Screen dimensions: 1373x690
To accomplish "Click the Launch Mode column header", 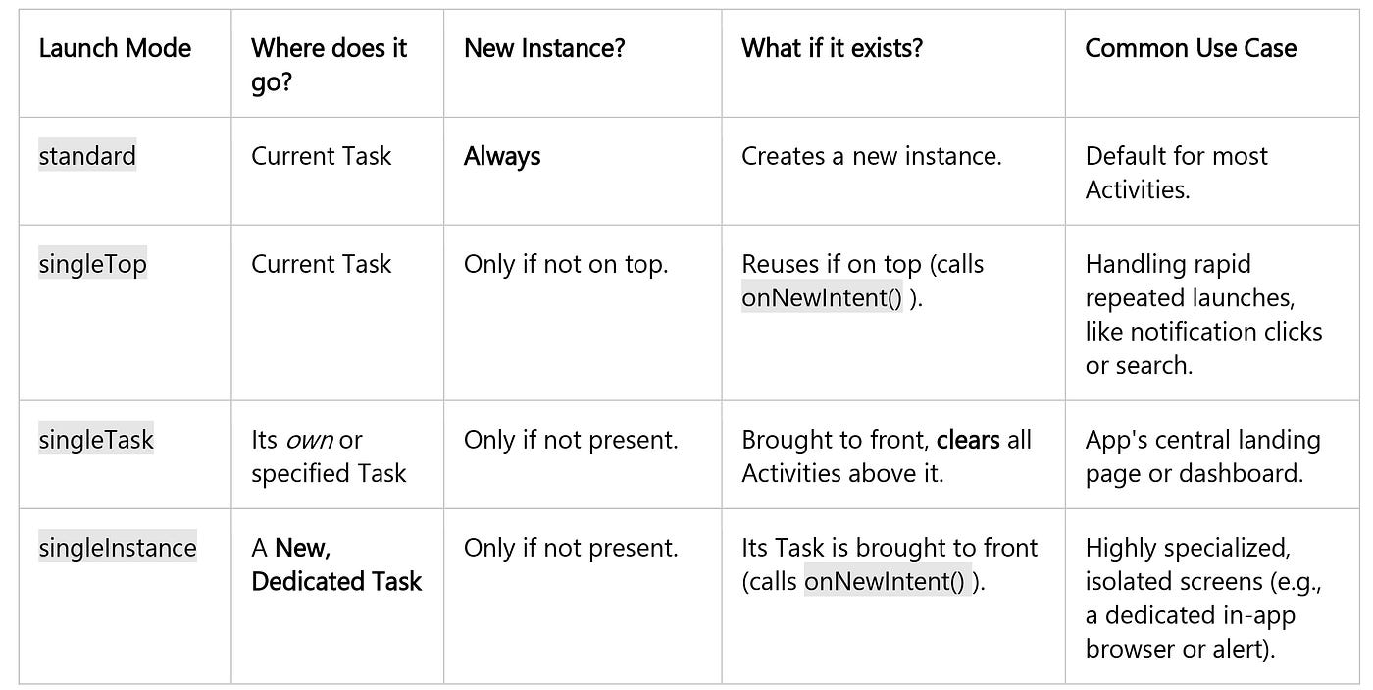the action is [115, 48].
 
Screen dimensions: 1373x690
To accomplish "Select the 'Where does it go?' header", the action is [329, 65].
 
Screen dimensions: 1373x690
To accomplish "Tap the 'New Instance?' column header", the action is [544, 48].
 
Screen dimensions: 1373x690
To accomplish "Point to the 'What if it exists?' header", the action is [832, 48].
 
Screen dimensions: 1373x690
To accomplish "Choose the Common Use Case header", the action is [1191, 48].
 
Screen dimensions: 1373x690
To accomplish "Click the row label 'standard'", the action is [87, 156].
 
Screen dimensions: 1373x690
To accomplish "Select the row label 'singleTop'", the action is [93, 264].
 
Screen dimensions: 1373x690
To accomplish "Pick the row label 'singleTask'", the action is [96, 440].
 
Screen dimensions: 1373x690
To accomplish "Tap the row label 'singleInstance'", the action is [118, 548].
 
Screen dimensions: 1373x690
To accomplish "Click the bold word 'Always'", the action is [502, 156].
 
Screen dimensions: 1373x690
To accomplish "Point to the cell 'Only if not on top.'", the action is [566, 264].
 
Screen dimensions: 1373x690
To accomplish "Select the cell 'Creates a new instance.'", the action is [871, 156].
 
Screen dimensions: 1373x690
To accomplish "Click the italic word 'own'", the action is [309, 440].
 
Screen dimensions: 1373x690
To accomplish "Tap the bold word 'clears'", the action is [968, 440].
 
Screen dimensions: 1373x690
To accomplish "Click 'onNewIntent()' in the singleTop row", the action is [822, 298].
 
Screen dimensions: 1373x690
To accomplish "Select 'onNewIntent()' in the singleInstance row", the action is [885, 582].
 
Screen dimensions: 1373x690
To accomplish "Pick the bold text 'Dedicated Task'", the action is [336, 582].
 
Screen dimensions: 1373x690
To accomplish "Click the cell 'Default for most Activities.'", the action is [1176, 173].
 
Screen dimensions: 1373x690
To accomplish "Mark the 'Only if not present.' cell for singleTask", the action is [571, 440].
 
